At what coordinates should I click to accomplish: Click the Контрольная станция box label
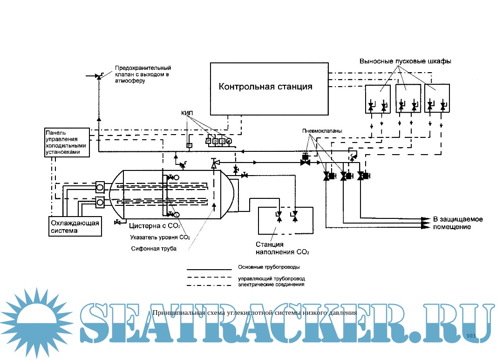(265, 87)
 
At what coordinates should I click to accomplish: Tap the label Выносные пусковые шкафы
(406, 61)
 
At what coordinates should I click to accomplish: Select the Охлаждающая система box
(75, 226)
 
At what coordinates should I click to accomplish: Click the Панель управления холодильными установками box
(67, 142)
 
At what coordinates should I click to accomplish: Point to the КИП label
(187, 113)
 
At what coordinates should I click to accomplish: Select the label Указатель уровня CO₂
(160, 237)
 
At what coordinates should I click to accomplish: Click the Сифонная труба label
(154, 249)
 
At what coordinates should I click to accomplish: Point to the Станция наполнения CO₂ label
(282, 248)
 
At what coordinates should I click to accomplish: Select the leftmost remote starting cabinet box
(378, 99)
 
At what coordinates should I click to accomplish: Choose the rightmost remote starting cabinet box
(437, 99)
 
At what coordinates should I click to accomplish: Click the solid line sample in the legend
(209, 269)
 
